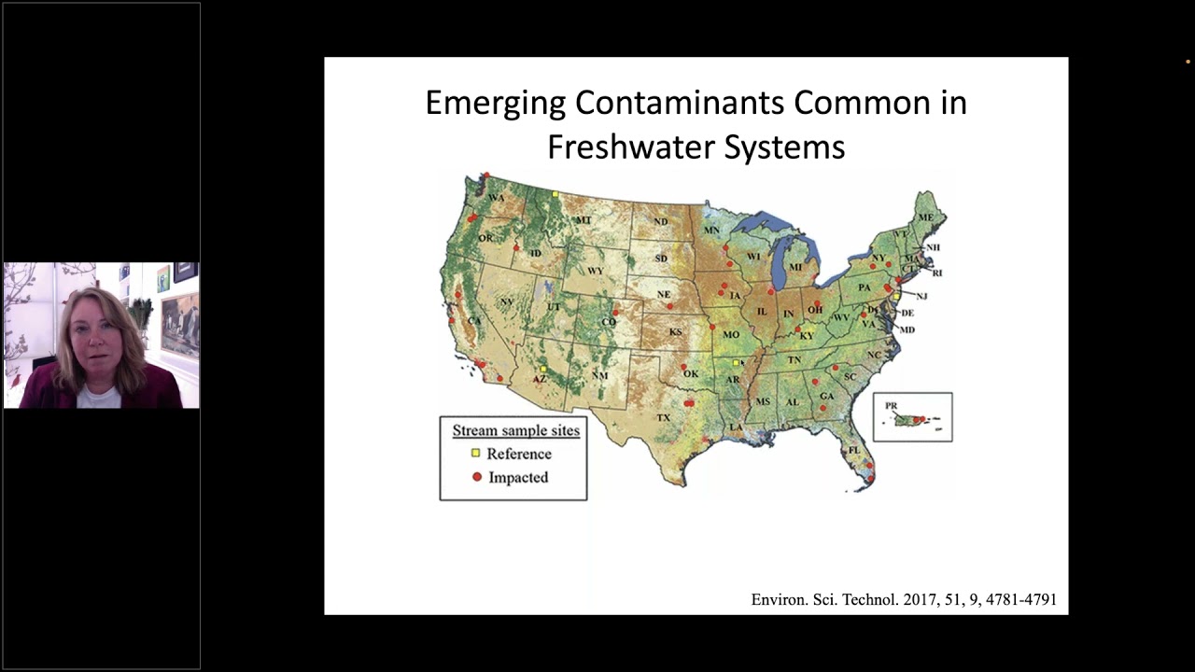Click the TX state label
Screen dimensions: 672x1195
pos(664,417)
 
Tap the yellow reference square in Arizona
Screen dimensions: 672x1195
pos(542,370)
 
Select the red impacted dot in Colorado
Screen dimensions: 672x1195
pos(616,312)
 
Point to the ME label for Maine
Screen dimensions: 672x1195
pos(925,217)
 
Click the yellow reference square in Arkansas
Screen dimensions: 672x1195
pos(736,362)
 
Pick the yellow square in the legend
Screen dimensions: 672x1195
pos(475,454)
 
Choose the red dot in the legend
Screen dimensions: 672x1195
pos(476,477)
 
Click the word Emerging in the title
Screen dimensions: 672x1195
pos(495,103)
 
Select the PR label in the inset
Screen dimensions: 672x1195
pos(891,406)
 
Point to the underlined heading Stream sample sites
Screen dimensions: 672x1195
pos(515,430)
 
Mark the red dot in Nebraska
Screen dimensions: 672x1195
pos(669,305)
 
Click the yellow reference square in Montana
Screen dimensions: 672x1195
pos(555,194)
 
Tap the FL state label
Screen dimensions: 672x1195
pos(853,450)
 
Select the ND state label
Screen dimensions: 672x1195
pos(660,221)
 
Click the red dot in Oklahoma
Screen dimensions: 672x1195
pos(683,367)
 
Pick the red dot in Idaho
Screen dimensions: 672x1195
pos(516,247)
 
